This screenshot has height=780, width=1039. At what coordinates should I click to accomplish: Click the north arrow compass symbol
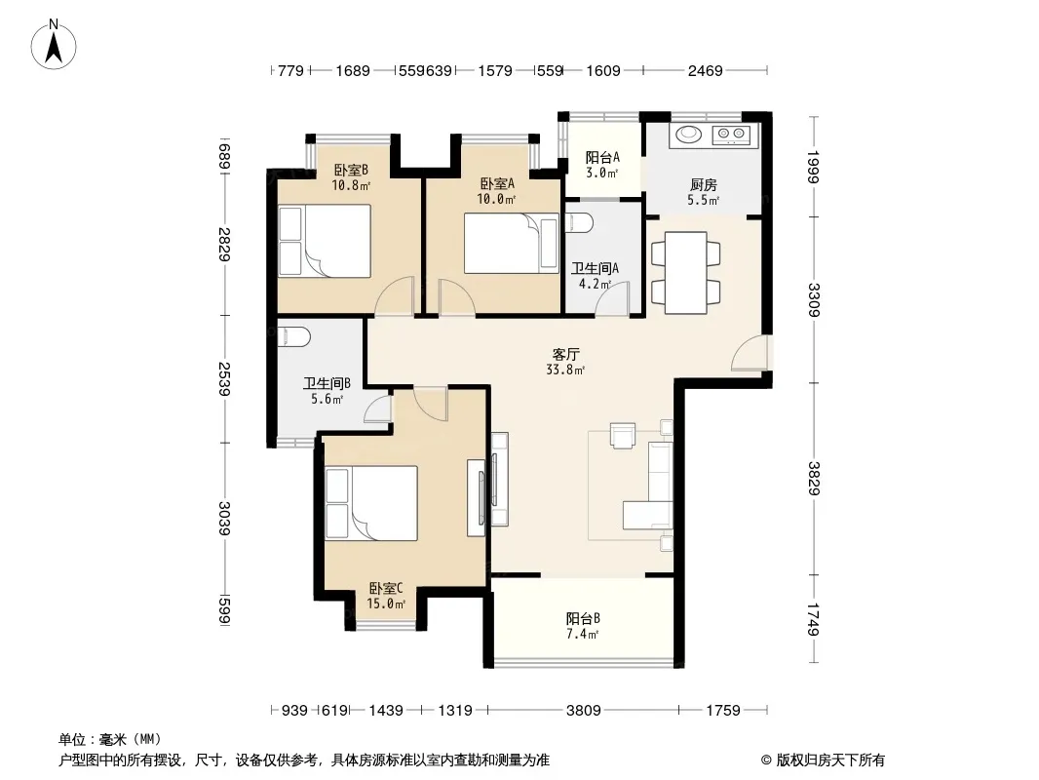pyautogui.click(x=54, y=45)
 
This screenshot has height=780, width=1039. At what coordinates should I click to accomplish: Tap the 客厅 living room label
pyautogui.click(x=566, y=355)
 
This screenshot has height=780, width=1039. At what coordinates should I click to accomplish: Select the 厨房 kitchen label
pyautogui.click(x=703, y=185)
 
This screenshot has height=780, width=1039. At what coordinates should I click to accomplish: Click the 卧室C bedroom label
pyautogui.click(x=386, y=589)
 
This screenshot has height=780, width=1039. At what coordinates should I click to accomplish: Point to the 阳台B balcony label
pyautogui.click(x=583, y=619)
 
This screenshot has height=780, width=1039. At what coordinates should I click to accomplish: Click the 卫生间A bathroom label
pyautogui.click(x=596, y=268)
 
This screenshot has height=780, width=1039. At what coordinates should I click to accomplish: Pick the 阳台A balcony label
pyautogui.click(x=602, y=158)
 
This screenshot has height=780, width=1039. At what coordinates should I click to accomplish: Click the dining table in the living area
pyautogui.click(x=686, y=272)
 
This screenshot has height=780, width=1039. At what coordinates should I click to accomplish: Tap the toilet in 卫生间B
pyautogui.click(x=293, y=336)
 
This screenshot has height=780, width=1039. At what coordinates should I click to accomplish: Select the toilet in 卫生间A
pyautogui.click(x=579, y=222)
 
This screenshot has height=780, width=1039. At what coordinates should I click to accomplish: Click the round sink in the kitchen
pyautogui.click(x=687, y=135)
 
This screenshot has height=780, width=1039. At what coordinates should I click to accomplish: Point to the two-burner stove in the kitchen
pyautogui.click(x=731, y=136)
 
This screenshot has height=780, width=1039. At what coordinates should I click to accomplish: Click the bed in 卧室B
pyautogui.click(x=324, y=241)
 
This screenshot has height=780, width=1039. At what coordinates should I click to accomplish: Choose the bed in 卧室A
pyautogui.click(x=511, y=243)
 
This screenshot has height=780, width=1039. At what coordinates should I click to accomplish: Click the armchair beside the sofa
pyautogui.click(x=623, y=436)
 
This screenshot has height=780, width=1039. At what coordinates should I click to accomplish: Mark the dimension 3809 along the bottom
pyautogui.click(x=583, y=711)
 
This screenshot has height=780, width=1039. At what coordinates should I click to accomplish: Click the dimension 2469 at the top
pyautogui.click(x=705, y=70)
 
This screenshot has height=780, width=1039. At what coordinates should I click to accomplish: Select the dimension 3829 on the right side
pyautogui.click(x=815, y=478)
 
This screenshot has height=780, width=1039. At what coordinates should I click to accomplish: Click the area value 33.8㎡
pyautogui.click(x=565, y=370)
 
